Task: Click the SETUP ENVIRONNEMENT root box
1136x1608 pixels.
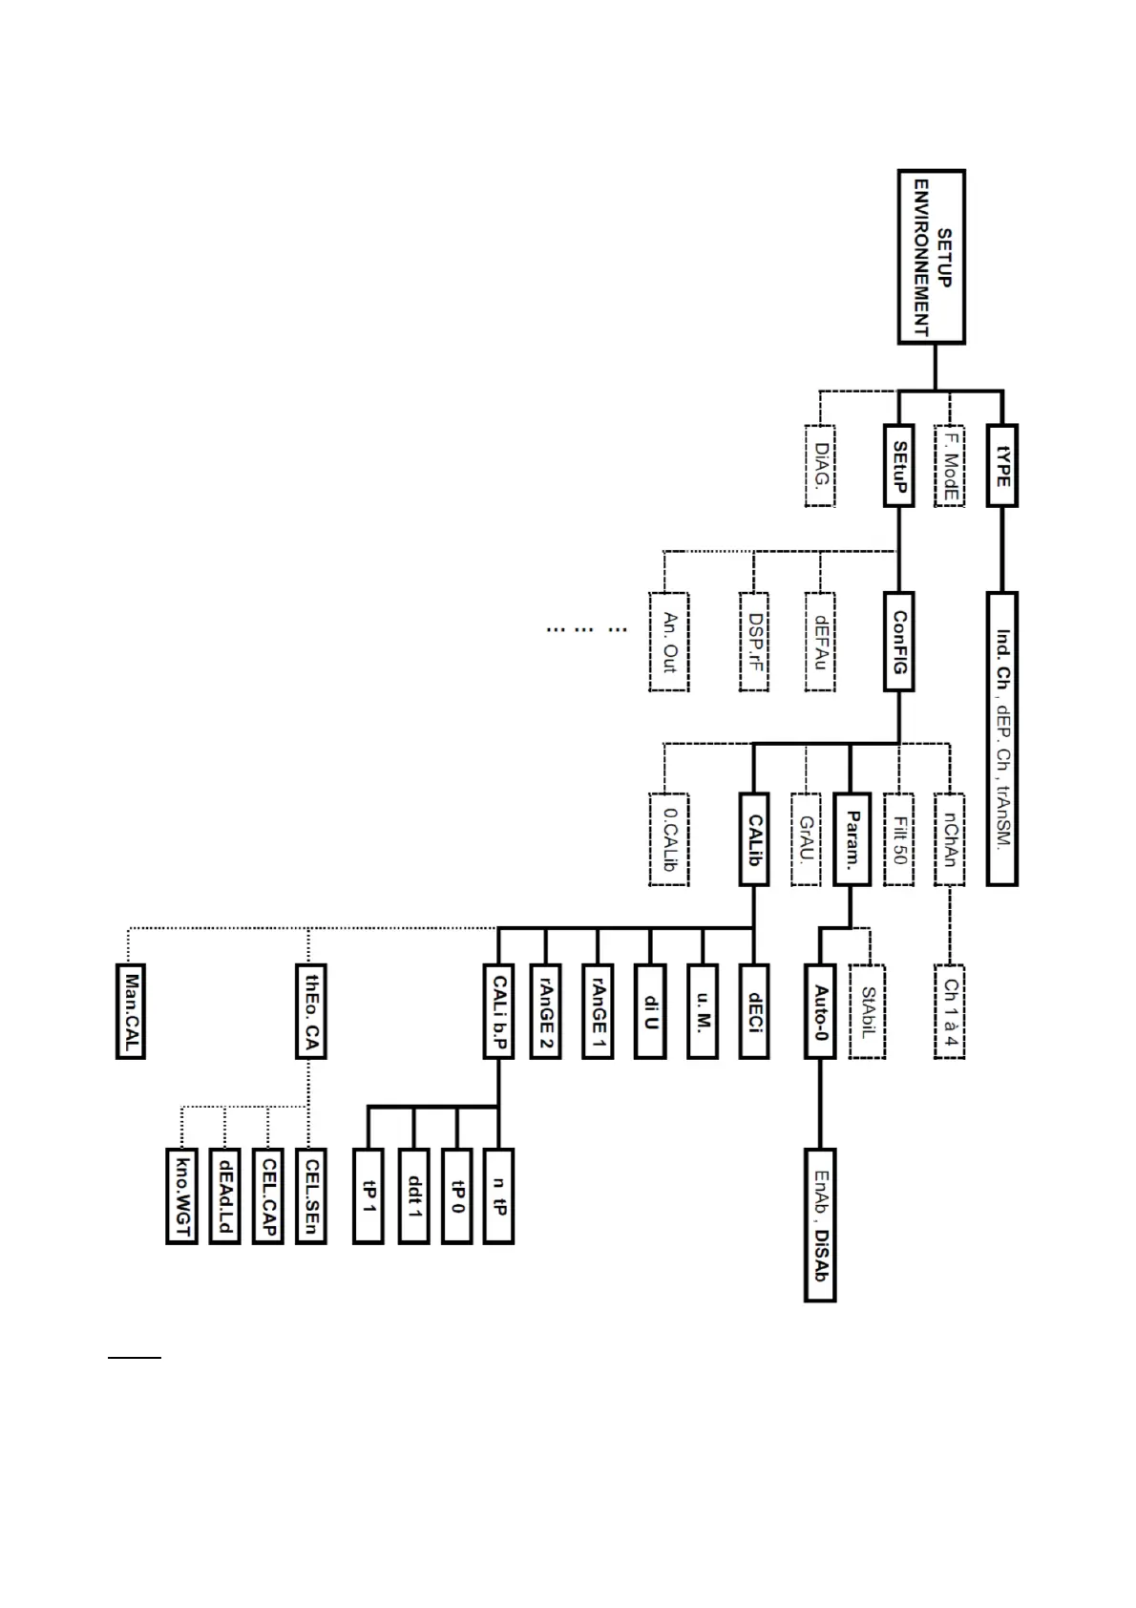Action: (932, 257)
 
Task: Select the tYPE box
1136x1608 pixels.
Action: (1001, 465)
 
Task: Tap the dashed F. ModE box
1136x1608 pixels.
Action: (950, 465)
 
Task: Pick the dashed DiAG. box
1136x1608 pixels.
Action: (820, 465)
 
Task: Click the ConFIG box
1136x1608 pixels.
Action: (898, 642)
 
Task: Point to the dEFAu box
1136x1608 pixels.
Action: (820, 642)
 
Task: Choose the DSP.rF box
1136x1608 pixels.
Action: (754, 642)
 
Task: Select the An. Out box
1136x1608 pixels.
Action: (669, 642)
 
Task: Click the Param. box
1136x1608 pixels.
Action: (851, 839)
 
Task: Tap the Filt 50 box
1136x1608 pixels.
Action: (898, 839)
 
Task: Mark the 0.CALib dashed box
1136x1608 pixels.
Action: (669, 839)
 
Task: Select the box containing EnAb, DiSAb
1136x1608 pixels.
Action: (820, 1225)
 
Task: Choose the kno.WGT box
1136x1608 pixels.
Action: (181, 1196)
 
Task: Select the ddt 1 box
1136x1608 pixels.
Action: (413, 1196)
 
